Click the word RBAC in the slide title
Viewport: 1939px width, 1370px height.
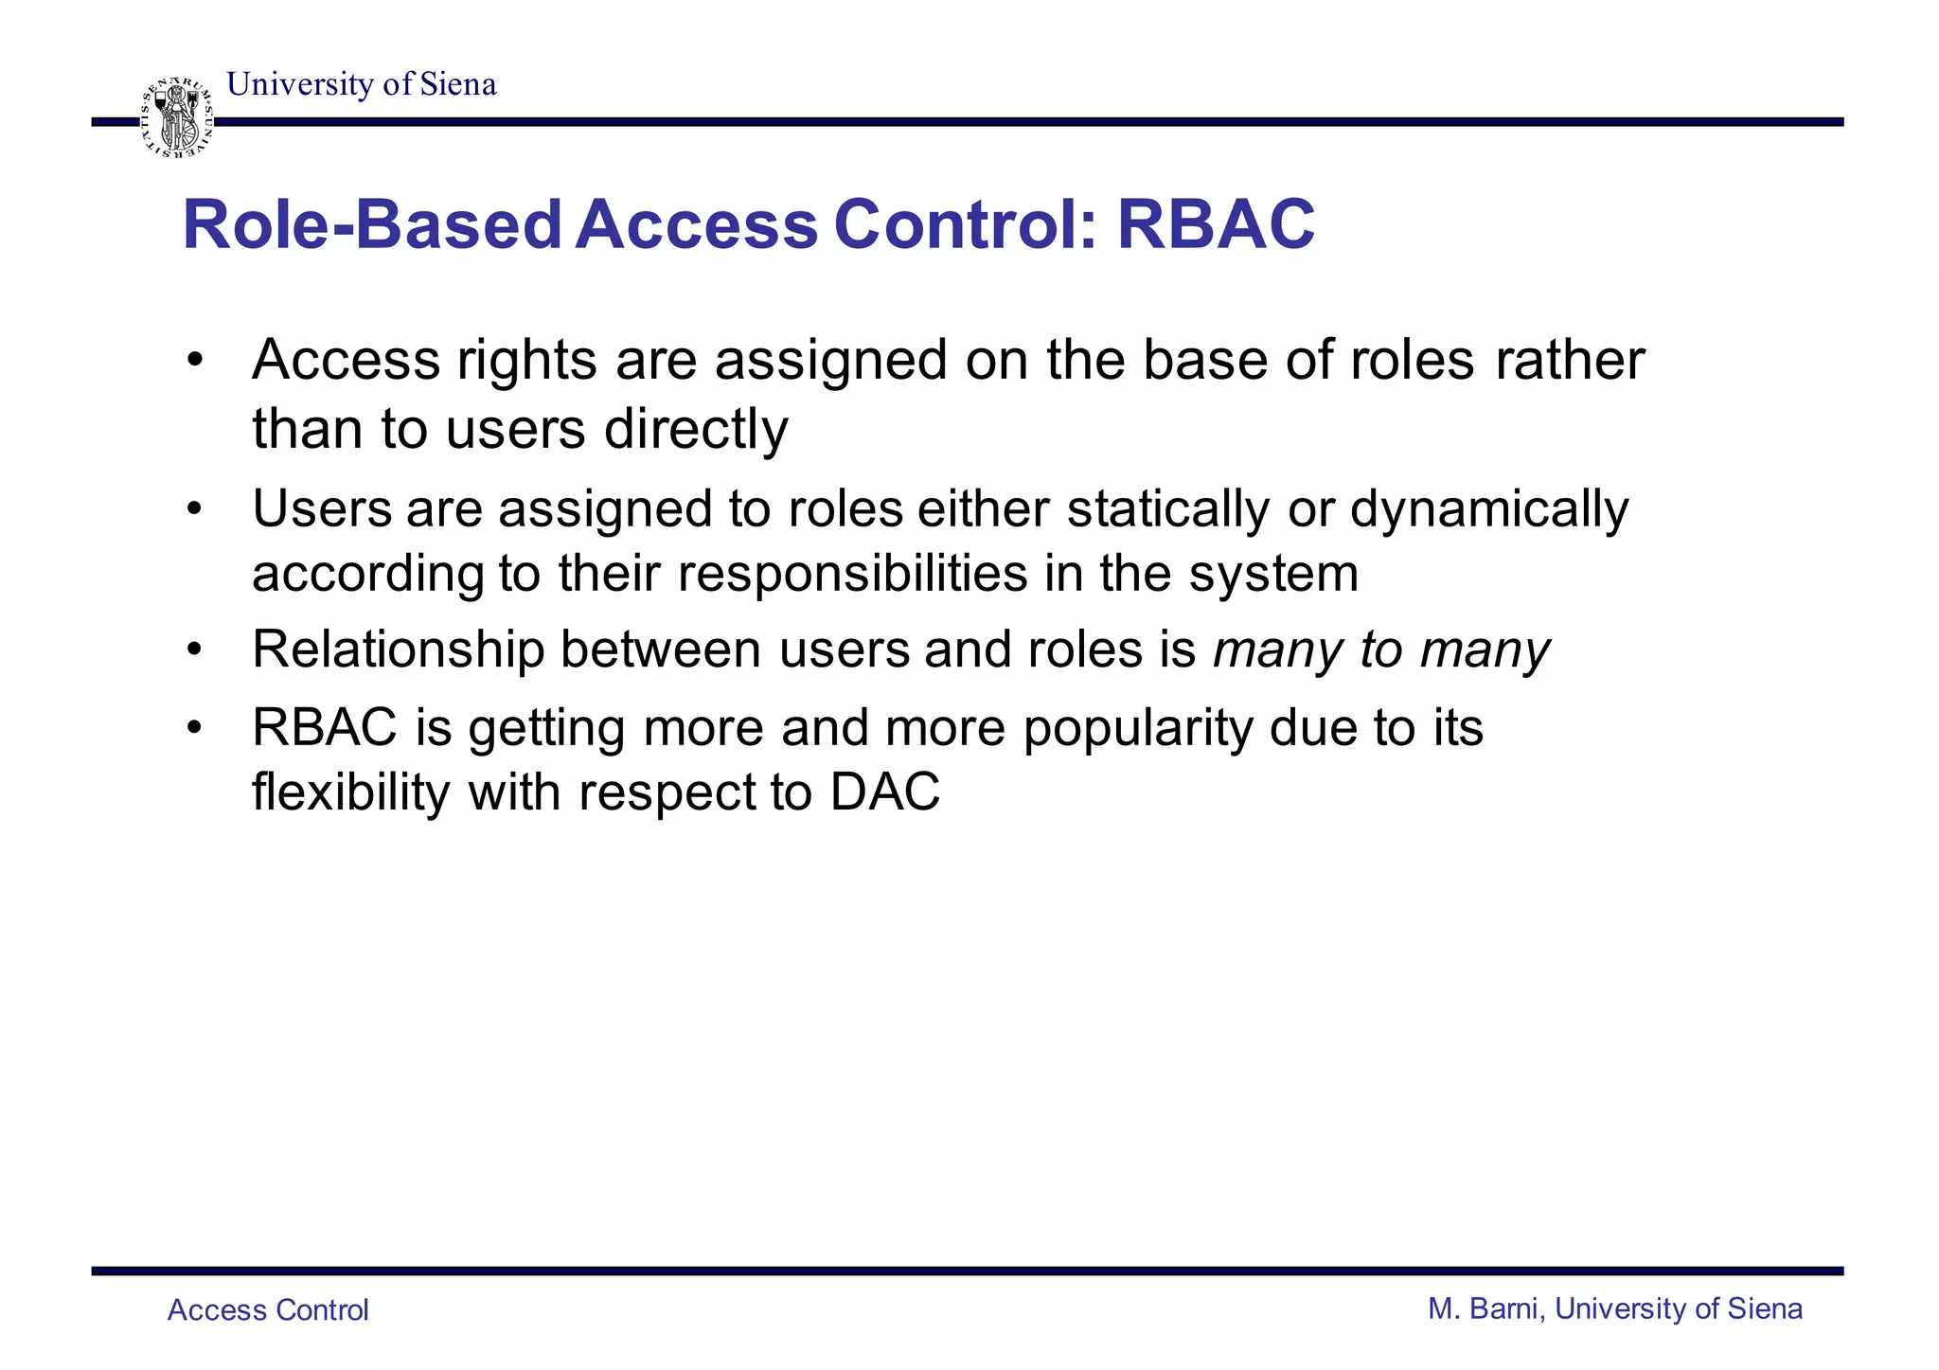pos(1216,225)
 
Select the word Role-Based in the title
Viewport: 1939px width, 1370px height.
pos(372,225)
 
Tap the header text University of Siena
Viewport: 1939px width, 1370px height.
pos(362,84)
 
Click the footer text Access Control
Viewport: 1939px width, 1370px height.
pos(268,1310)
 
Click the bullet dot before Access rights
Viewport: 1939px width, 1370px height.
pos(195,362)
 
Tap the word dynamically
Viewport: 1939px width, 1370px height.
pos(1488,509)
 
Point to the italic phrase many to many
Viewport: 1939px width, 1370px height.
pos(1380,650)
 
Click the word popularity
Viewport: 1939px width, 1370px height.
pos(1138,728)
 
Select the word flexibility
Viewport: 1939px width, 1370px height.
pos(351,792)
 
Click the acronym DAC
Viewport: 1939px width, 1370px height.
pos(885,792)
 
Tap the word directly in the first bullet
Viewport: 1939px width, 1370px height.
pos(696,429)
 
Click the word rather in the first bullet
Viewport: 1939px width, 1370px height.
pos(1570,361)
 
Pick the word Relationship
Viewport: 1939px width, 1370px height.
pos(399,650)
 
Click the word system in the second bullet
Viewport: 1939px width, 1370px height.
pos(1273,574)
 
